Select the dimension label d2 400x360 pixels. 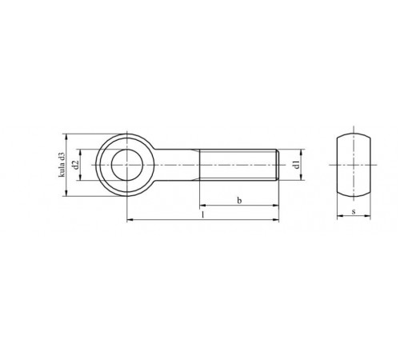[76, 165]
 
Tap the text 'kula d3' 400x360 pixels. [62, 165]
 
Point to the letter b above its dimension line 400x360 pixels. [239, 201]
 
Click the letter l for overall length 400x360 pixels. [203, 215]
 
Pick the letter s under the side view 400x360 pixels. [354, 212]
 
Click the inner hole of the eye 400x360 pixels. [127, 165]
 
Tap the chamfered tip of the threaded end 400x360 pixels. [278, 165]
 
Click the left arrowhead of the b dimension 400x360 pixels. [202, 206]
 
